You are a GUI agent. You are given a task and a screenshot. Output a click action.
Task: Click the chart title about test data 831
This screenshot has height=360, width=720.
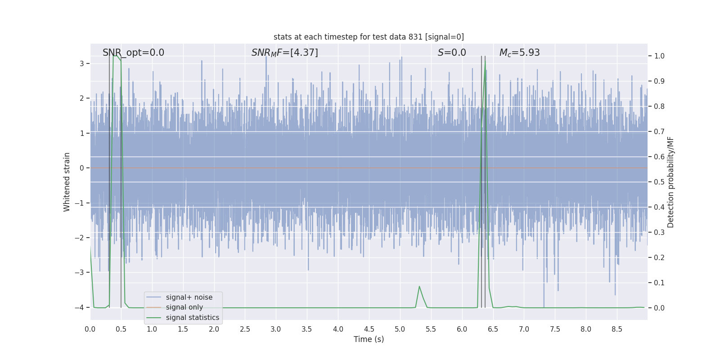tap(369, 37)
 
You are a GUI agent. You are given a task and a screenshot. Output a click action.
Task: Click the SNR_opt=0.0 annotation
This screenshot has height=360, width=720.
tap(133, 53)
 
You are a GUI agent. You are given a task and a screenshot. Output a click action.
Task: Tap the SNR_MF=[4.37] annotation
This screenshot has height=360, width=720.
tap(284, 53)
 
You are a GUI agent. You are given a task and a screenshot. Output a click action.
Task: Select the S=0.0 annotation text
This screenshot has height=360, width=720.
tap(452, 53)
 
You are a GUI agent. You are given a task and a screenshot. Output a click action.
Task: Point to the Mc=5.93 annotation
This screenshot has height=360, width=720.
tap(519, 53)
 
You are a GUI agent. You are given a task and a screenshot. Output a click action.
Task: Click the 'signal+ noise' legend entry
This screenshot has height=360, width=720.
tap(189, 297)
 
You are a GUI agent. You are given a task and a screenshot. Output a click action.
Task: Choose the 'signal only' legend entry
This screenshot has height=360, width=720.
tap(184, 307)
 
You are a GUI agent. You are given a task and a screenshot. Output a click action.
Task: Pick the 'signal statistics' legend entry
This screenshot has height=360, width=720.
tap(192, 318)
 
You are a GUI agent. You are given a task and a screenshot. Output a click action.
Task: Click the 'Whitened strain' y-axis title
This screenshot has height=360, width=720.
tap(67, 182)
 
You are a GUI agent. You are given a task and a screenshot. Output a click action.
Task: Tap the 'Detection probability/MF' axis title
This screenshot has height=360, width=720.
tap(670, 182)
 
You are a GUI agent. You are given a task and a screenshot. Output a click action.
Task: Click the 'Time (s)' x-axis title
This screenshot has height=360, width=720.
tap(369, 339)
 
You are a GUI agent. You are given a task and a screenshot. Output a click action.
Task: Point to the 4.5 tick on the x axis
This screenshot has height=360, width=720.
tap(369, 329)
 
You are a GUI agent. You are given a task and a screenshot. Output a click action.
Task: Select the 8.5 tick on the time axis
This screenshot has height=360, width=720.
tap(617, 329)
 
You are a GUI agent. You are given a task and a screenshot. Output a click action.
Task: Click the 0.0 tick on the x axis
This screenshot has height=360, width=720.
tap(90, 329)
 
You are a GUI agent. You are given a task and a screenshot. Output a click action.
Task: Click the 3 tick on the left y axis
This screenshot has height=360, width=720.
tap(82, 63)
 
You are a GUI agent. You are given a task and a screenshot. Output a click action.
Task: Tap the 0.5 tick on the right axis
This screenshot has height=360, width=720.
tap(659, 182)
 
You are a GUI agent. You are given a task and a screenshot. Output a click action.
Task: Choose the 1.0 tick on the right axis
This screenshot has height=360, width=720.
tap(659, 56)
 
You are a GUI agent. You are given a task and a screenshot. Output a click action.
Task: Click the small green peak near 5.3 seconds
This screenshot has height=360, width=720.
tap(419, 287)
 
